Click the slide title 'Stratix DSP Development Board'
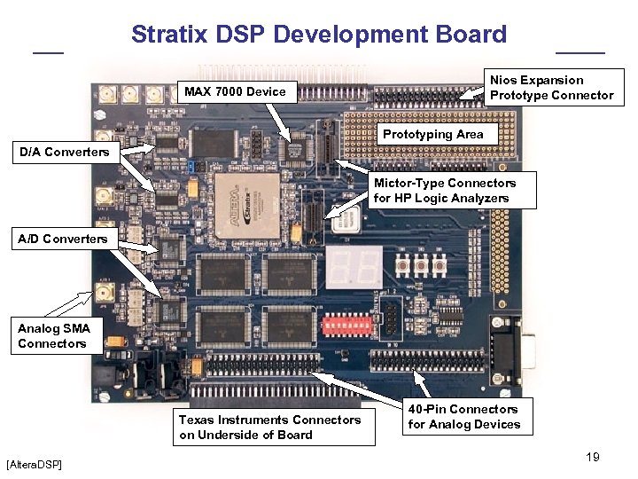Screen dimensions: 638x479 [319, 35]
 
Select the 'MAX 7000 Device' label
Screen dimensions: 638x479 [234, 91]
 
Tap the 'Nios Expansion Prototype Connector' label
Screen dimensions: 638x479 [551, 88]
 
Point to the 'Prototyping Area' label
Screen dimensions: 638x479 [433, 134]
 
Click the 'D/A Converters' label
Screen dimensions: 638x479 [65, 152]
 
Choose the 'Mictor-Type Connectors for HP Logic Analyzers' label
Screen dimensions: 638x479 [444, 190]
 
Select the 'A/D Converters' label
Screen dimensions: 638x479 [63, 238]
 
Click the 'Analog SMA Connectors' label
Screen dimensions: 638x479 [53, 335]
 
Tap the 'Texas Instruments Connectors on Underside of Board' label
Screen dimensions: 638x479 [269, 427]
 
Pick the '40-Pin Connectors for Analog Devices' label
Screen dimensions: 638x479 [463, 416]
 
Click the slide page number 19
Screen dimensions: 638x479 [593, 457]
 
